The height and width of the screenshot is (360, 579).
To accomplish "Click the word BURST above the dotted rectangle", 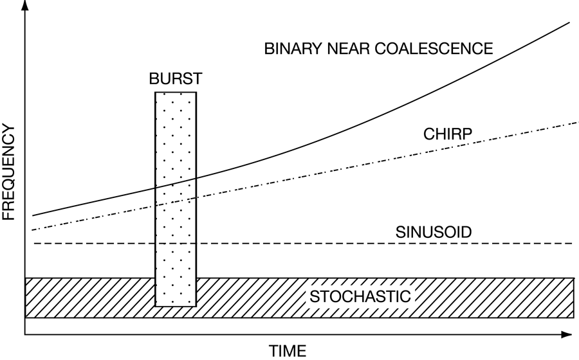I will point(175,79).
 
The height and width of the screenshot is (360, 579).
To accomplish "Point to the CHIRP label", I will point(448,134).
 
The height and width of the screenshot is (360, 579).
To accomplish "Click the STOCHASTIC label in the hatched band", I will point(360,297).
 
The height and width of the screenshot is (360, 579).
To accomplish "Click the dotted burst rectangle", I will point(175,244).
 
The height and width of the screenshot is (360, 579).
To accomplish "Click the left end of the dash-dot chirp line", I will point(33,230).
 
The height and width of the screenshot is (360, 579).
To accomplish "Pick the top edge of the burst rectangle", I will point(175,93).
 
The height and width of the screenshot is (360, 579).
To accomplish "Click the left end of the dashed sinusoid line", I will point(33,244).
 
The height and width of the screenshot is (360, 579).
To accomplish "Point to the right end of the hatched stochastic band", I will point(573,298).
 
